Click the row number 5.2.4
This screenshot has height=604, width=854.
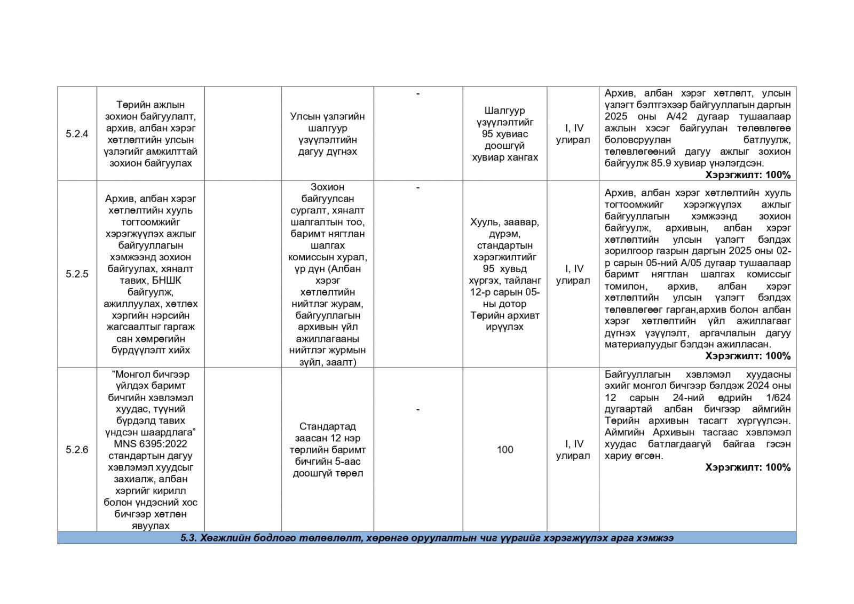77,134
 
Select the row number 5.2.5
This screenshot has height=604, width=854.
77,274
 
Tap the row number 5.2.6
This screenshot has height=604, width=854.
77,450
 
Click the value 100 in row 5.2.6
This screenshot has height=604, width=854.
504,450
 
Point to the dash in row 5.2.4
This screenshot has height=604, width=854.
417,94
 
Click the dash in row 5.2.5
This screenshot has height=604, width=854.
417,187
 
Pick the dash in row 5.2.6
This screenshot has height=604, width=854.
417,409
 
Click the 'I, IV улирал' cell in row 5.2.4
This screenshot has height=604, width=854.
573,134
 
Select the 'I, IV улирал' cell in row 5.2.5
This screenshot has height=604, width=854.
573,274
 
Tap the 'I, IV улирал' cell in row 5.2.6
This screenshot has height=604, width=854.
573,450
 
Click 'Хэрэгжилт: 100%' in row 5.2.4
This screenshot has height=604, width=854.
748,175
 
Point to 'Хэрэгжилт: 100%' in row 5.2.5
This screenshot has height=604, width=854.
748,356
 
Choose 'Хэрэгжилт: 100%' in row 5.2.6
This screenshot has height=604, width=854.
748,467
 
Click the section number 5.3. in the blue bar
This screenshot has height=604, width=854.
189,538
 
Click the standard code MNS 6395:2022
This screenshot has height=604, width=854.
150,444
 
